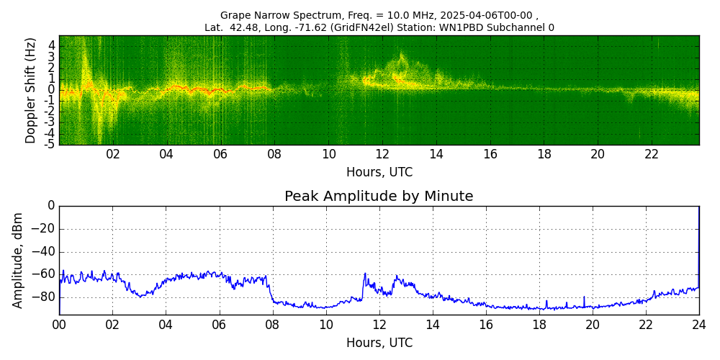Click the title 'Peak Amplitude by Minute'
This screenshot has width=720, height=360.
379,197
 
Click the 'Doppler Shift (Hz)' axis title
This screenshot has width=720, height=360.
31,91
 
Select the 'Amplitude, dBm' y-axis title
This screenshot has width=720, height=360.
18,260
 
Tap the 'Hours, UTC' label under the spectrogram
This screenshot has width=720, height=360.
379,172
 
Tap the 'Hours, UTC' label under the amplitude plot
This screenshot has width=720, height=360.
379,343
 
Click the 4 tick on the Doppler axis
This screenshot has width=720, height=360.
52,45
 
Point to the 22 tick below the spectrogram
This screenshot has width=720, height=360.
652,154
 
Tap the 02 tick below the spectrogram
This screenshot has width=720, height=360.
113,154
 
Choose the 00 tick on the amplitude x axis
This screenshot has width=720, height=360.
59,324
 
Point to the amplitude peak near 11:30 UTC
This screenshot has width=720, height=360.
365,274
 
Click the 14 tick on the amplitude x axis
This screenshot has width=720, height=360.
433,324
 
